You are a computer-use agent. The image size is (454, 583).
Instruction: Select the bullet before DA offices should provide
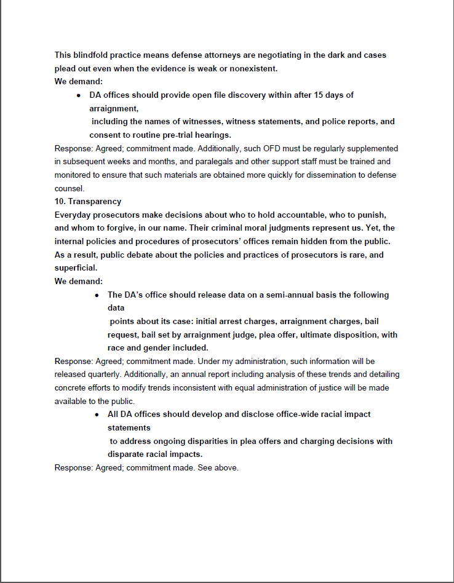point(79,95)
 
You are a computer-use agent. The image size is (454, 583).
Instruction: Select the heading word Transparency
point(95,202)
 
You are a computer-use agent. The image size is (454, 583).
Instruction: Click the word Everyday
point(73,215)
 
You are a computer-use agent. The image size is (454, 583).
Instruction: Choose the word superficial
point(76,268)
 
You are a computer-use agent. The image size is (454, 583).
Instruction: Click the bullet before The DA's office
point(97,295)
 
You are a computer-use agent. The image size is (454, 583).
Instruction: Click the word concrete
point(71,388)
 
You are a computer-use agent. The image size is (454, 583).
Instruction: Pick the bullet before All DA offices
point(97,414)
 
